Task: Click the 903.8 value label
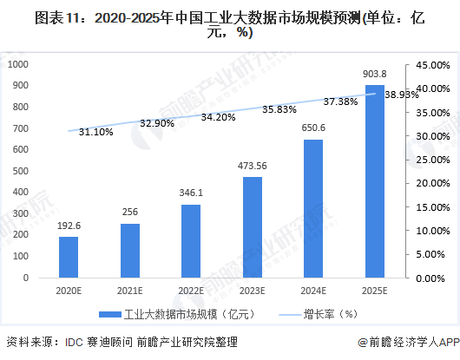pyautogui.click(x=374, y=75)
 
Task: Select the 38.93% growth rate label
pyautogui.click(x=402, y=95)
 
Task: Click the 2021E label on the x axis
pyautogui.click(x=130, y=291)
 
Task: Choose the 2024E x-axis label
pyautogui.click(x=313, y=291)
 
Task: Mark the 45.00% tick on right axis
pyautogui.click(x=431, y=65)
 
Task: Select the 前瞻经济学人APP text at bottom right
pyautogui.click(x=411, y=343)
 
